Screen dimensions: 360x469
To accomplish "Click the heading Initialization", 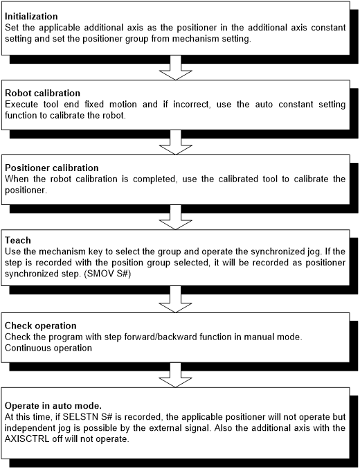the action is [x=31, y=16].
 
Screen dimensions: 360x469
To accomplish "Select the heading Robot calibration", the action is [x=42, y=93].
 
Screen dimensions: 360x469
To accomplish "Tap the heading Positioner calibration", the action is [x=52, y=168].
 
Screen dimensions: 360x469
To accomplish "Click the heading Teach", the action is [x=17, y=240].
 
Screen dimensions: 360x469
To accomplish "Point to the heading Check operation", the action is [x=41, y=326].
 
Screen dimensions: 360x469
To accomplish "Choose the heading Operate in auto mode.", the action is [x=53, y=405].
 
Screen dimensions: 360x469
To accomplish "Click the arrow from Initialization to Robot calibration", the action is [x=176, y=68].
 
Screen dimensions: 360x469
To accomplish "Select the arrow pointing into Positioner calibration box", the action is [x=176, y=143].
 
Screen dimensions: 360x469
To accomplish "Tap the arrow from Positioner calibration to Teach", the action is [x=176, y=218].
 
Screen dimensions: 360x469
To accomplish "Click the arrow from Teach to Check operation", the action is [x=176, y=299].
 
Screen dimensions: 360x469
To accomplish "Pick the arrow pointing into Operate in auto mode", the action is [x=176, y=375].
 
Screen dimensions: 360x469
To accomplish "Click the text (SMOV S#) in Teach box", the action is [x=107, y=274].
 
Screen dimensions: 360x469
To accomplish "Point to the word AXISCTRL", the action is [x=27, y=439].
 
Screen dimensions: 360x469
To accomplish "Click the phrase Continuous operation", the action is [x=48, y=348].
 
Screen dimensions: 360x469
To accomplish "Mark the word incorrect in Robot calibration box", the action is [x=192, y=105].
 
